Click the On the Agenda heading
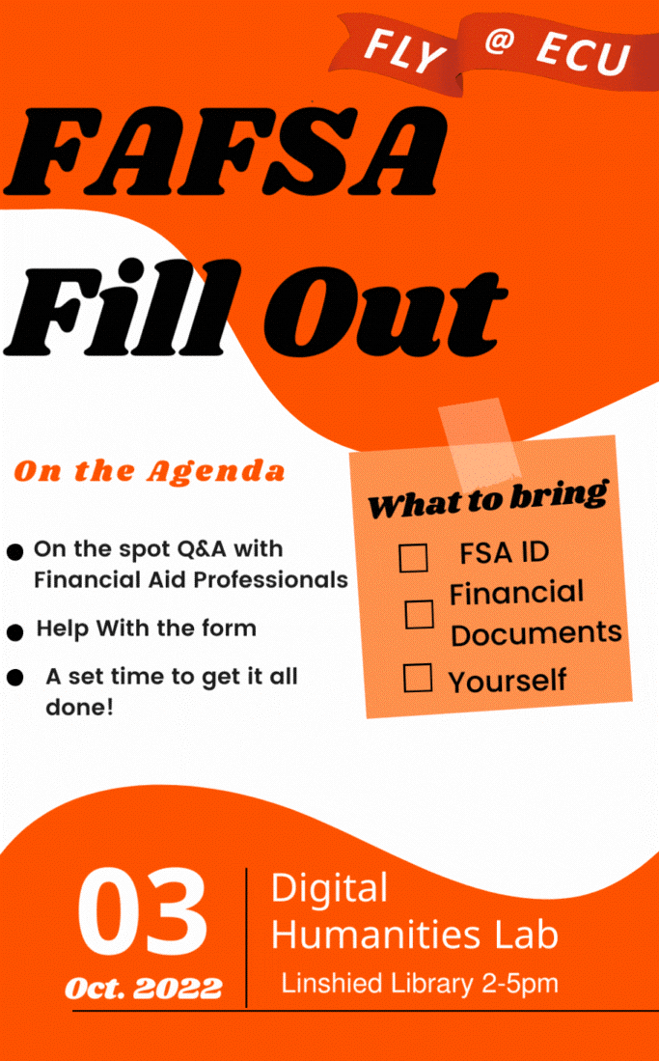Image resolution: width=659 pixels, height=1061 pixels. click(149, 472)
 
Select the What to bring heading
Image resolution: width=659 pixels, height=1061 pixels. click(488, 500)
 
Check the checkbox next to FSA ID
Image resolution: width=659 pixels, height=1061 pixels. click(413, 558)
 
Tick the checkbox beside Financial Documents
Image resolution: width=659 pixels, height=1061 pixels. click(420, 614)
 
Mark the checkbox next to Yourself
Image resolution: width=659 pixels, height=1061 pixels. click(418, 678)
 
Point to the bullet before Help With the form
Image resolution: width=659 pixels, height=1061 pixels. click(14, 632)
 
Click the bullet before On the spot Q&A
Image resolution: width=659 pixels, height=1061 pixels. click(14, 552)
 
